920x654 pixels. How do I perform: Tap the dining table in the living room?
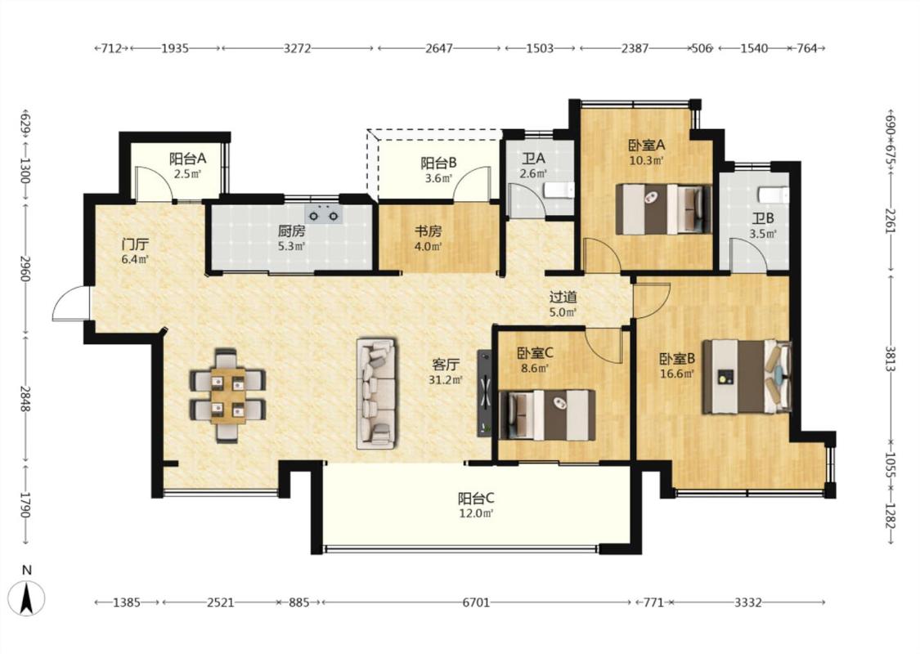(227, 396)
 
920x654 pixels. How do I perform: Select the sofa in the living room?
(376, 393)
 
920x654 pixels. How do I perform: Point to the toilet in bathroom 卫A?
(559, 190)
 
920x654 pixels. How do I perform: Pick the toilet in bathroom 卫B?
(774, 195)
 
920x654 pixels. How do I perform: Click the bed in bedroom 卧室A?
(663, 209)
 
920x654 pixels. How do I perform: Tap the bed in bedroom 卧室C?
(547, 414)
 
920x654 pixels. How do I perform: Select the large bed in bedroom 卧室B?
(747, 377)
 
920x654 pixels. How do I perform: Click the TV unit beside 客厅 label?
(485, 392)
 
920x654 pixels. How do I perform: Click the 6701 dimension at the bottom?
(476, 602)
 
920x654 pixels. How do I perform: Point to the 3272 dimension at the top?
(298, 48)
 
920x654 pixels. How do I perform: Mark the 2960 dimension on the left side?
(25, 267)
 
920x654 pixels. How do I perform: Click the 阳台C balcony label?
(476, 499)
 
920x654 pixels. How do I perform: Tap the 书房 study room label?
(428, 231)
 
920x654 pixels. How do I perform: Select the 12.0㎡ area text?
(476, 513)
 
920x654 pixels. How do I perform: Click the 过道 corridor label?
(563, 298)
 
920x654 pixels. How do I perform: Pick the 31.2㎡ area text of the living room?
(446, 379)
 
